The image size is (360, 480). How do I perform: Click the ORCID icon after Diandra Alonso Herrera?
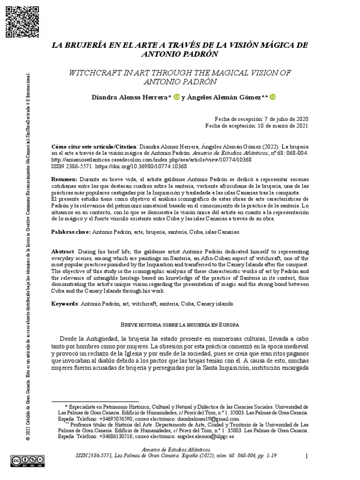click(x=176, y=97)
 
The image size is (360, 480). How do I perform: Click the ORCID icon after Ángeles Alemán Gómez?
click(x=273, y=97)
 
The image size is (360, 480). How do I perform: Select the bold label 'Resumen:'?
click(x=64, y=180)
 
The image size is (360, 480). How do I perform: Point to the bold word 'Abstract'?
click(x=63, y=252)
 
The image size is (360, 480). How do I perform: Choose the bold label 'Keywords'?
click(x=65, y=304)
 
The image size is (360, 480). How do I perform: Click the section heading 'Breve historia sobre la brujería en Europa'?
click(x=180, y=324)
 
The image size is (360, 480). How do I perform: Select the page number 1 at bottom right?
click(x=306, y=456)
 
